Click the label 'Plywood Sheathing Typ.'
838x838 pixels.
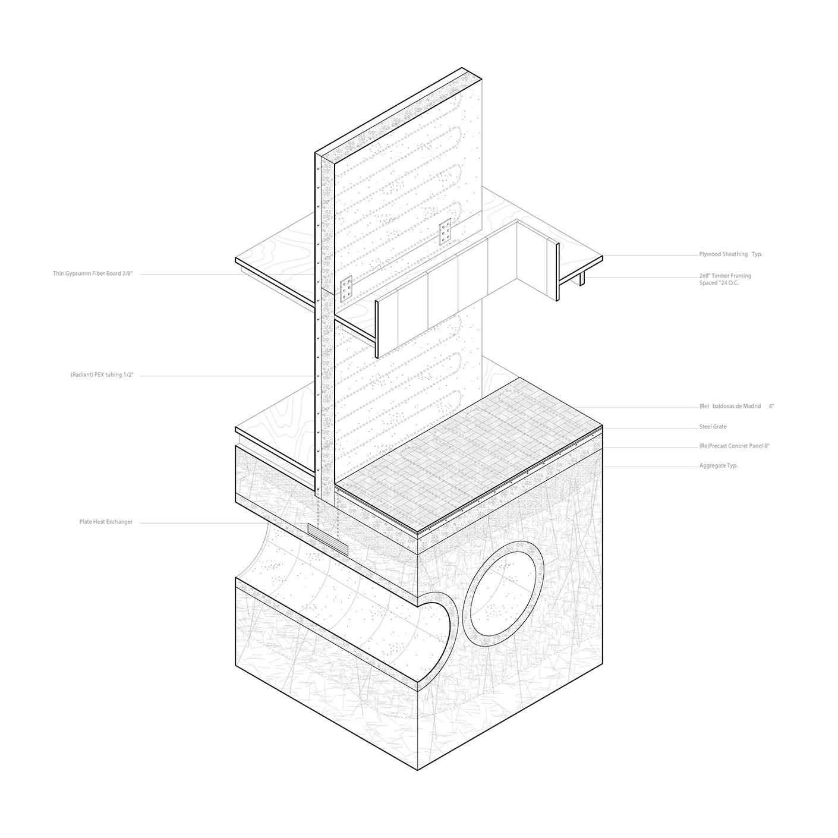point(730,254)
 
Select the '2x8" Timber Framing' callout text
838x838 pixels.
point(725,276)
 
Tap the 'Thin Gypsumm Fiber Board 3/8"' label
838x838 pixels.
point(93,274)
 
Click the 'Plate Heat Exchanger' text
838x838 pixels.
point(106,522)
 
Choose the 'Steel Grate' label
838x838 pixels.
point(713,427)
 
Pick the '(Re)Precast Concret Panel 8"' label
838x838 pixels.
point(734,446)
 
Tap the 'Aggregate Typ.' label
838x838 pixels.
point(718,465)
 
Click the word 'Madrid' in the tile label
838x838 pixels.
point(750,407)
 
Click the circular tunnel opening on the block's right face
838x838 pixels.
point(506,591)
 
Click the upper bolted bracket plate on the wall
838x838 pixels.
point(445,232)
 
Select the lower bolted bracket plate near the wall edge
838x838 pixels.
point(347,289)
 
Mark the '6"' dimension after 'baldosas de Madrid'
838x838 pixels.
point(771,407)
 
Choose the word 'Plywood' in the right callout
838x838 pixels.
point(710,254)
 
